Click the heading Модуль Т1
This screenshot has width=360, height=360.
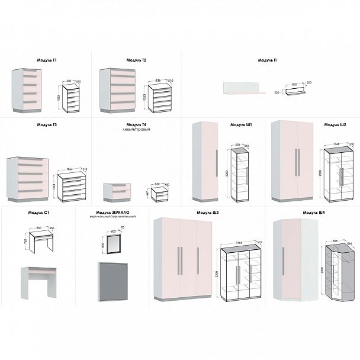point(47,60)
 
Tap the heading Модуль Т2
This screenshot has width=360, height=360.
point(136,60)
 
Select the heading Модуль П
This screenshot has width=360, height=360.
point(268,60)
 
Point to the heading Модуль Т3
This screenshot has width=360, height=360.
point(47,126)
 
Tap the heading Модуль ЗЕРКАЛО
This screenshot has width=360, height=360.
point(112,212)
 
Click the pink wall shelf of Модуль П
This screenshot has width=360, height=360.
point(241,89)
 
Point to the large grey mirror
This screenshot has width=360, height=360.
point(113,278)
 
